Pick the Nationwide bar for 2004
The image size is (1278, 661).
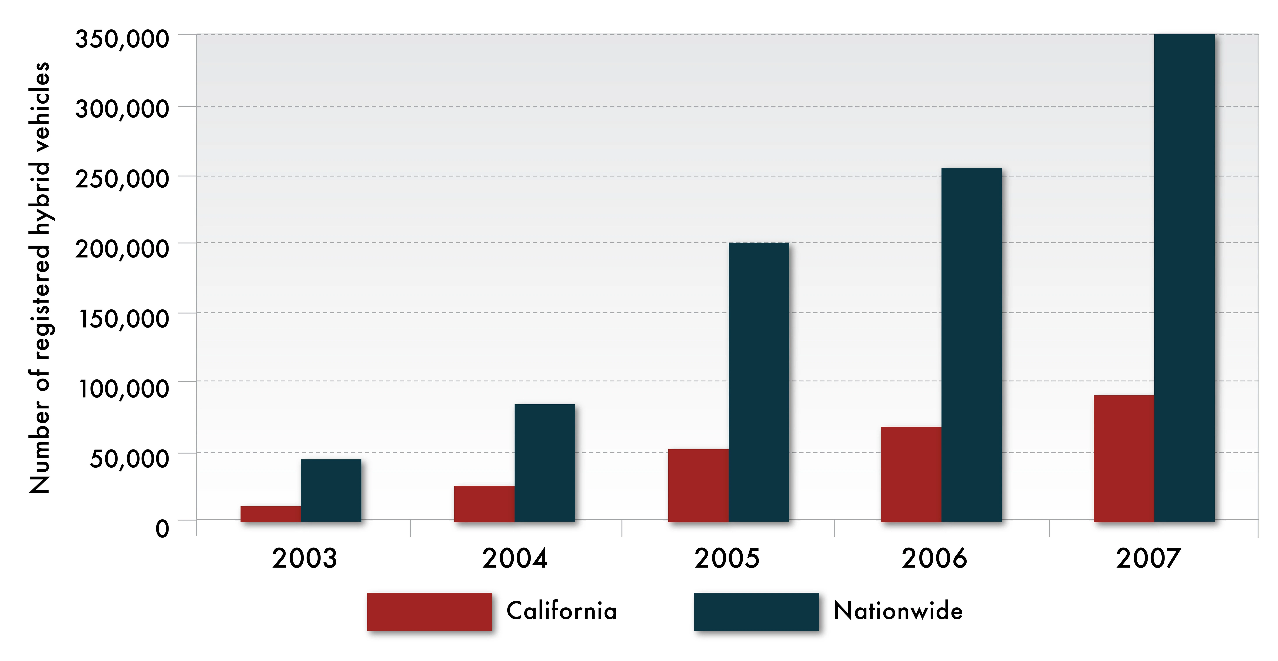click(x=545, y=463)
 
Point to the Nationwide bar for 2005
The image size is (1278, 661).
click(x=759, y=382)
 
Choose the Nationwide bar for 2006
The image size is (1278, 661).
click(x=971, y=345)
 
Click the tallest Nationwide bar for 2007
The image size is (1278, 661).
click(x=1184, y=278)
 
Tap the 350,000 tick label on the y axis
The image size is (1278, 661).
click(x=122, y=39)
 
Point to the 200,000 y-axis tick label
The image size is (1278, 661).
click(x=122, y=249)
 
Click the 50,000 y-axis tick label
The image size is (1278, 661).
click(x=129, y=458)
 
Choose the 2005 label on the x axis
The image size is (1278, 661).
click(x=727, y=558)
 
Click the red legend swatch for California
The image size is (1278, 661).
click(x=429, y=612)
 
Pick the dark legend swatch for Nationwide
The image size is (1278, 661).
click(x=756, y=612)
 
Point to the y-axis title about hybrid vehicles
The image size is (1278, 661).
click(x=40, y=278)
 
